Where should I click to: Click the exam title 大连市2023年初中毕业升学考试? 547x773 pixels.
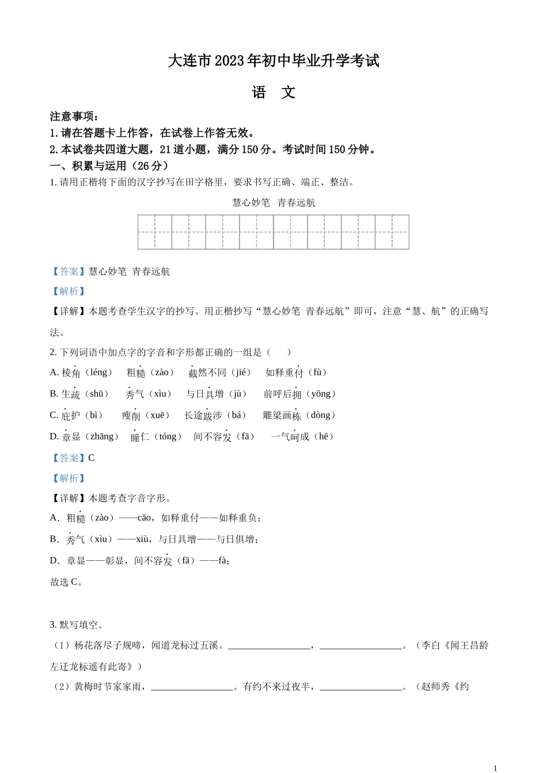point(273,61)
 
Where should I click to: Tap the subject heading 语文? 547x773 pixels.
point(273,93)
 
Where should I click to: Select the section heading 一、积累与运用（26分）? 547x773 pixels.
point(110,166)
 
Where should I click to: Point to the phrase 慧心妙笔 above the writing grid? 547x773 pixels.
point(251,202)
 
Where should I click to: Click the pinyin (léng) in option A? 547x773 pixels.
point(98,373)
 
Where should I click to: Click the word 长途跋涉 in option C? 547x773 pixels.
point(203,415)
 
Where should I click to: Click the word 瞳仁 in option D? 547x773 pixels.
point(140,437)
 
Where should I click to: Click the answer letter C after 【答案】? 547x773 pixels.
point(92,458)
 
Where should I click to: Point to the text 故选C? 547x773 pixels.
point(67,582)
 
